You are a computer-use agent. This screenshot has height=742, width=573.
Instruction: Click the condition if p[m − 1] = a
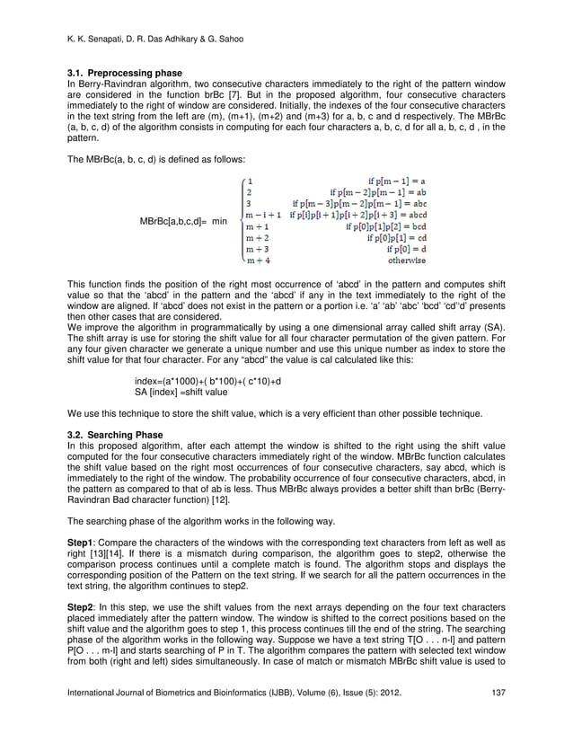point(396,180)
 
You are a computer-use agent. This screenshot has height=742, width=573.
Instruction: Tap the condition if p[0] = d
point(407,250)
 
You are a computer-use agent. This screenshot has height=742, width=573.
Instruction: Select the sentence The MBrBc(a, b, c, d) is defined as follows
point(145,155)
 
